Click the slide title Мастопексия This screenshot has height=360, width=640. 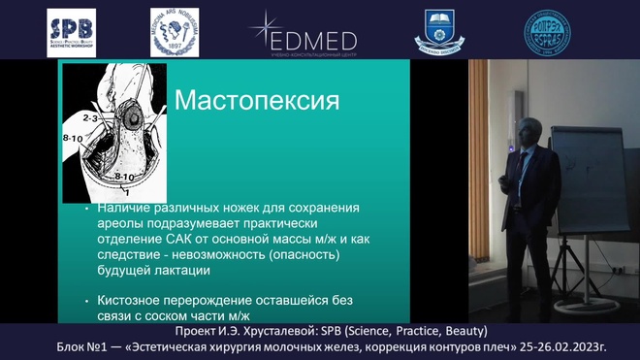255,102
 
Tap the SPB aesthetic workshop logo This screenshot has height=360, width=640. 72,32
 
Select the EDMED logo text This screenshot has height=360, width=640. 315,40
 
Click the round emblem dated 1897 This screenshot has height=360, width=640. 175,32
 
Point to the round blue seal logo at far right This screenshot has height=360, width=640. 548,32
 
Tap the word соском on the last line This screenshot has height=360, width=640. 175,316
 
